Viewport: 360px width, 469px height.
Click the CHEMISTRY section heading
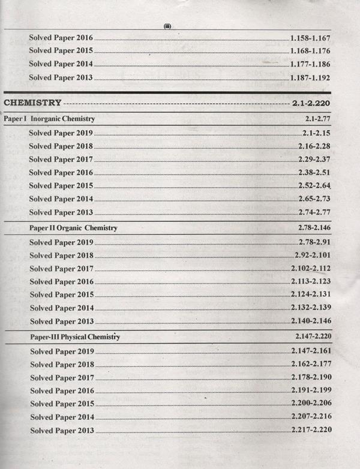pyautogui.click(x=33, y=103)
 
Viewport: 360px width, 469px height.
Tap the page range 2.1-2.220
pyautogui.click(x=312, y=103)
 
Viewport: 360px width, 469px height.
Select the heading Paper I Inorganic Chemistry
pyautogui.click(x=49, y=119)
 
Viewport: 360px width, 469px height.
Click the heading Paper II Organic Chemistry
pyautogui.click(x=73, y=229)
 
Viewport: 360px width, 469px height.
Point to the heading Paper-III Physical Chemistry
pyautogui.click(x=75, y=337)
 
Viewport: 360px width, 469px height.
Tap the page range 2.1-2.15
pyautogui.click(x=317, y=133)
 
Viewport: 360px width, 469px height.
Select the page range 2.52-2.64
pyautogui.click(x=315, y=185)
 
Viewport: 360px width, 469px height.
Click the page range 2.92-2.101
pyautogui.click(x=313, y=255)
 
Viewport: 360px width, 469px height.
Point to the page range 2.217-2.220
pyautogui.click(x=311, y=430)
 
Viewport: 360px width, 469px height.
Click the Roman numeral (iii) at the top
pyautogui.click(x=167, y=26)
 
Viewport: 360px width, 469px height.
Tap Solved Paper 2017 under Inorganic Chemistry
pyautogui.click(x=61, y=160)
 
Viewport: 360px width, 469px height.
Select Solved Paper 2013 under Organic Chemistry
pyautogui.click(x=61, y=321)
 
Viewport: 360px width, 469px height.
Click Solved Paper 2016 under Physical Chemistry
pyautogui.click(x=61, y=391)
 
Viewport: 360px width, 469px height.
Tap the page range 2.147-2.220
pyautogui.click(x=313, y=337)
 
